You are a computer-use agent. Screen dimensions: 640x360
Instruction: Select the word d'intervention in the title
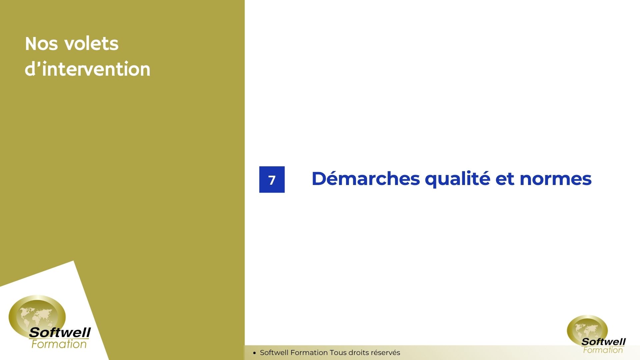(x=88, y=69)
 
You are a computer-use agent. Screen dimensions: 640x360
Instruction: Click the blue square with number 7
(x=272, y=179)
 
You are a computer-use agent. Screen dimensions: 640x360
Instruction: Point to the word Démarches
(x=366, y=179)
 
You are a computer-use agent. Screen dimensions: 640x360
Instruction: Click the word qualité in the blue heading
(x=458, y=179)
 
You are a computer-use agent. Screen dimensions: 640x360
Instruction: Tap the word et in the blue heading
(x=505, y=179)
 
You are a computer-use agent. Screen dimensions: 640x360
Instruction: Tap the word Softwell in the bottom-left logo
(x=60, y=332)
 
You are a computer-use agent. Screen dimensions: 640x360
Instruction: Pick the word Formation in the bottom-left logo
(x=59, y=344)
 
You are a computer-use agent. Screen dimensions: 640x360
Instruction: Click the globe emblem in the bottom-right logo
(x=587, y=330)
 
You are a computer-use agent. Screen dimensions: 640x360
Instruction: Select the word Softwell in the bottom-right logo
(x=604, y=342)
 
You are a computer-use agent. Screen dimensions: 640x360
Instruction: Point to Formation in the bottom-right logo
(x=603, y=350)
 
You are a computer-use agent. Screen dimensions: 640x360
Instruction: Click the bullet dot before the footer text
(x=254, y=353)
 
